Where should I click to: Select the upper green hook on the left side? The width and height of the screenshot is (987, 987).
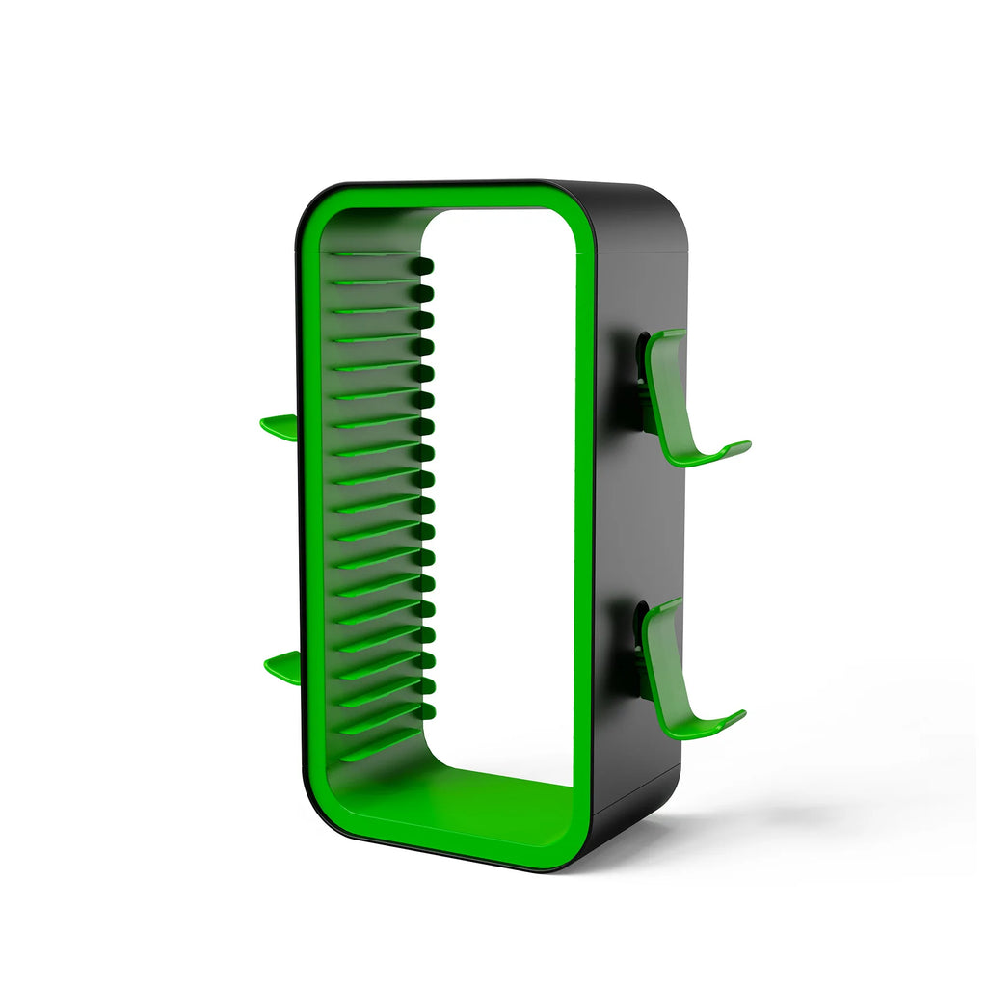click(x=280, y=427)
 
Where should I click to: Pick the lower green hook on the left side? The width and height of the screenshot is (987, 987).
click(x=282, y=665)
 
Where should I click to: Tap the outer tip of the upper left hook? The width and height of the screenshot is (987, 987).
click(x=266, y=423)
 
